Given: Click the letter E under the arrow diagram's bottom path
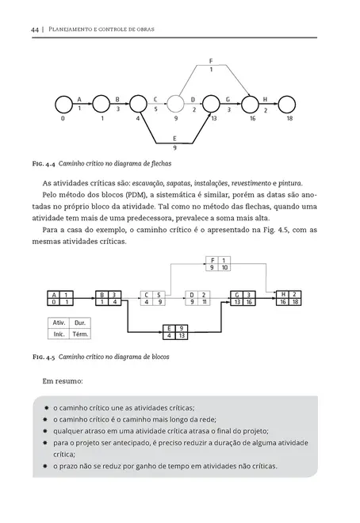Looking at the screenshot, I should click(174, 139).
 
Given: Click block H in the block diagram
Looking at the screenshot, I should click(289, 298).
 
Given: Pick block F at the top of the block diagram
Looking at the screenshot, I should click(217, 264).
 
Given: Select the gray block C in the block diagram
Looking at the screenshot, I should click(152, 298).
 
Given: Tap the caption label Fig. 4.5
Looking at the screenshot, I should click(43, 358).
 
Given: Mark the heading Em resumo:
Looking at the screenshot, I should click(60, 381).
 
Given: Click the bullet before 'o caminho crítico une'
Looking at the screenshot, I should click(47, 407).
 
